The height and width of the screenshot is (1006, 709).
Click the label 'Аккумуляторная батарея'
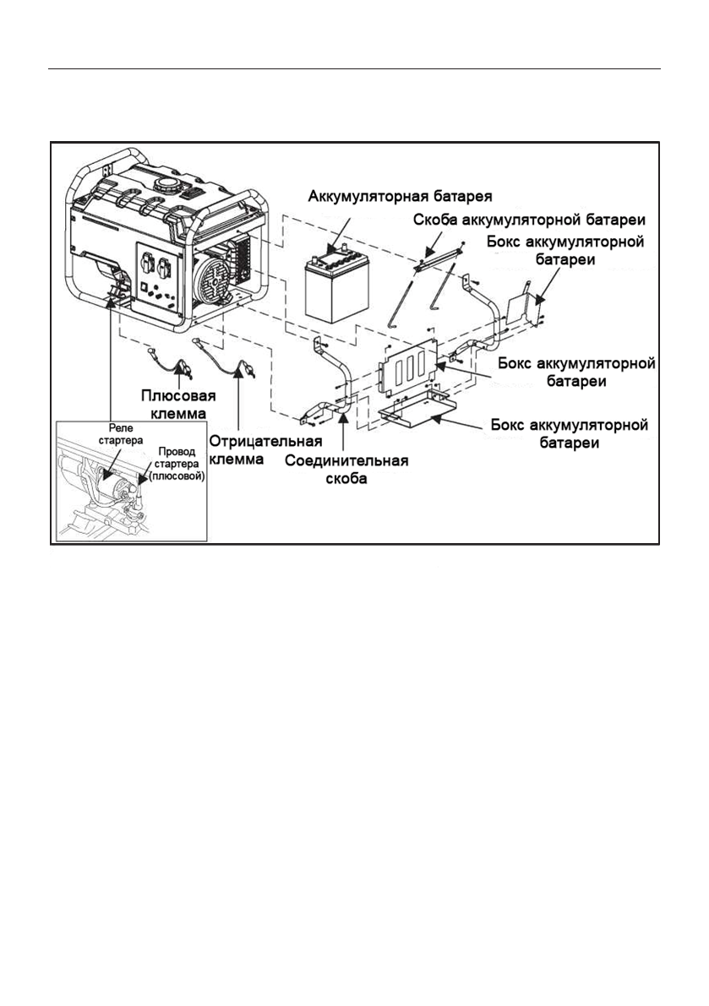coord(401,194)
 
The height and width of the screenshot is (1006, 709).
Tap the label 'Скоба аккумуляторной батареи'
coord(529,220)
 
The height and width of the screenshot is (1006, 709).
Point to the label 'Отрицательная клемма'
coord(265,450)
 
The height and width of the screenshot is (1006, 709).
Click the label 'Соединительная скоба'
coord(346,470)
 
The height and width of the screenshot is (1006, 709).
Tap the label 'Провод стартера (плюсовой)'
coord(176,463)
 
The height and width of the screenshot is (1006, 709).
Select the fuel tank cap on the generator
coord(169,186)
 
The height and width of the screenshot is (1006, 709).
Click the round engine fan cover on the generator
coord(214,285)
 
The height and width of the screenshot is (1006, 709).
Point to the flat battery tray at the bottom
coord(418,410)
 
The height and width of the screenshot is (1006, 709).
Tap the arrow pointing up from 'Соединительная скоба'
coord(345,432)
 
